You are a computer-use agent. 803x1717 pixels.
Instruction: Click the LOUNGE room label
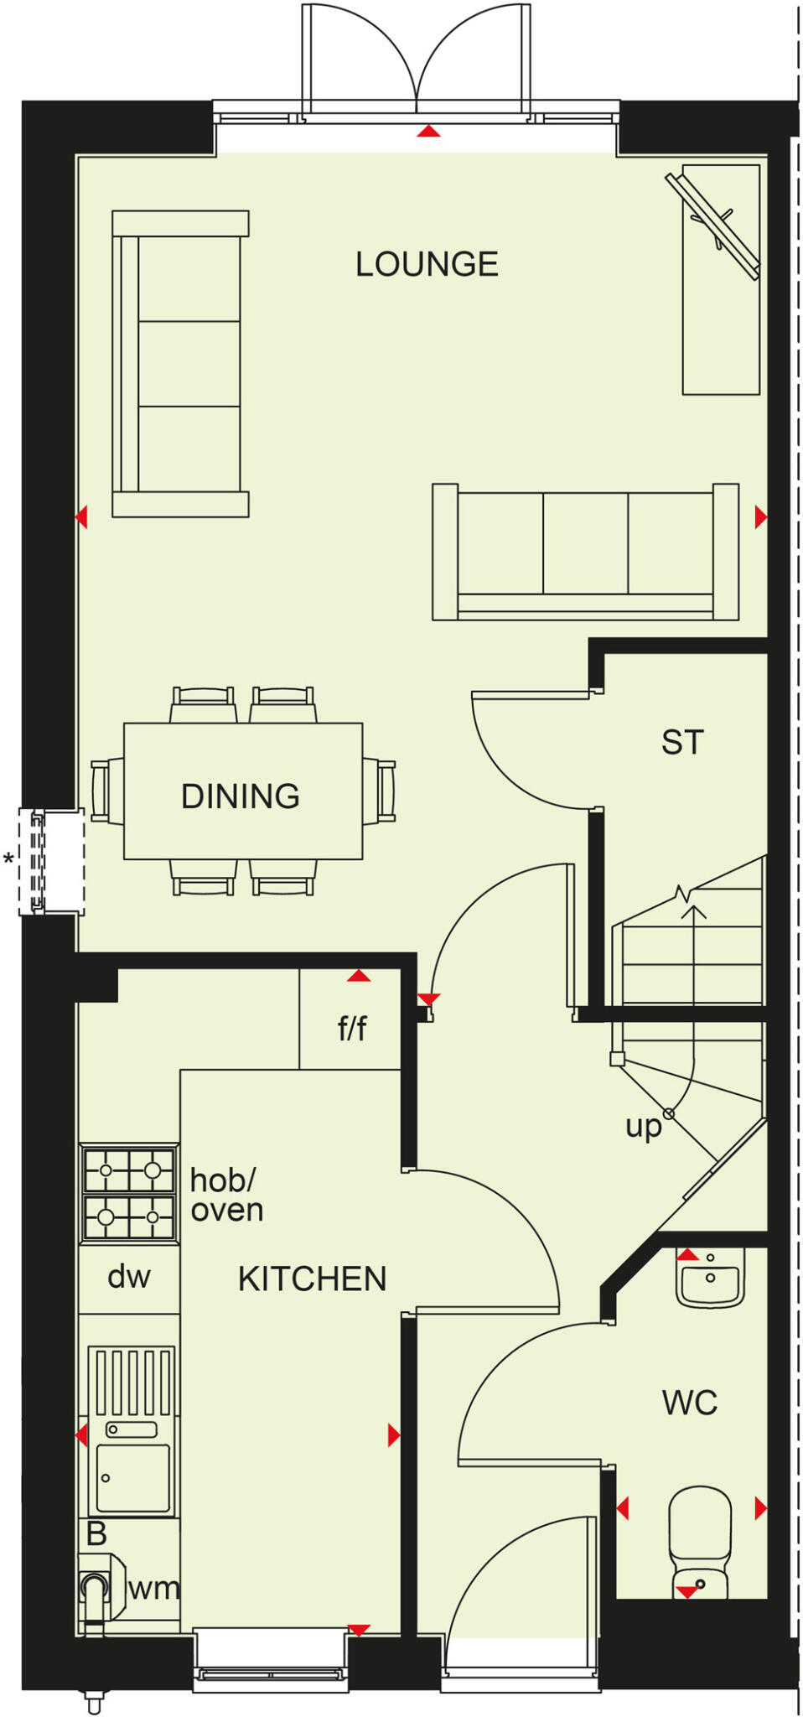tap(427, 265)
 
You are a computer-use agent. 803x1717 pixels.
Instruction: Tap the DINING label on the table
tap(241, 796)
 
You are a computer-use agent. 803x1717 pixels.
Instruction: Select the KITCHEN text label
tap(312, 1279)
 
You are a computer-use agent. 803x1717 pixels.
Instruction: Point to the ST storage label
tap(681, 743)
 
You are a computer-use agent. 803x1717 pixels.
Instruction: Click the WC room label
tap(689, 1403)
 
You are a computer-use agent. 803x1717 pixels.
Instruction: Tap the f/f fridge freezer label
tap(352, 1028)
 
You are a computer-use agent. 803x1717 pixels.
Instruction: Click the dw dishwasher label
tap(128, 1277)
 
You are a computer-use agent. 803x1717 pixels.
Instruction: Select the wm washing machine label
tap(154, 1588)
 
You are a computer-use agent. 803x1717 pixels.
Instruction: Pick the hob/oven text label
tap(225, 1195)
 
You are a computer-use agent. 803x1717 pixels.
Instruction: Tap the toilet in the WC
tap(700, 1541)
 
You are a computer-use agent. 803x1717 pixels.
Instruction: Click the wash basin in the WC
tap(710, 1279)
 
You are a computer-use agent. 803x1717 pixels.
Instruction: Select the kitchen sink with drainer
tap(132, 1430)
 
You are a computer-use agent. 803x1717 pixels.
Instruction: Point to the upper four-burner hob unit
tap(129, 1169)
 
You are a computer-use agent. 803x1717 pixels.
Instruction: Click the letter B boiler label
tap(96, 1534)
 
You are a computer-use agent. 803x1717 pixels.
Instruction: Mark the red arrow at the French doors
tap(428, 131)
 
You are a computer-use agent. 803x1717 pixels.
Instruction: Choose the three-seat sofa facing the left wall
tap(180, 363)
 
